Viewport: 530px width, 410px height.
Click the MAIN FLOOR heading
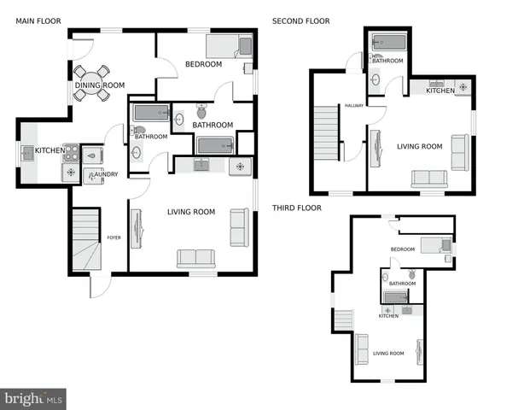(x=37, y=21)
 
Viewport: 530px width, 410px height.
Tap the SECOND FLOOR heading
(x=300, y=21)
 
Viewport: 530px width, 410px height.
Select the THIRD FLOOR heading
(x=298, y=208)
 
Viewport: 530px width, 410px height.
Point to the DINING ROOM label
(x=100, y=85)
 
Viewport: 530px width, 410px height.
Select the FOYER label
(x=114, y=237)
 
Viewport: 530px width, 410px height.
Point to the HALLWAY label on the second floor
(x=354, y=106)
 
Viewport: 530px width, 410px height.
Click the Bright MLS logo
(x=34, y=398)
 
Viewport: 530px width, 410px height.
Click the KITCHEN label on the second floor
(x=440, y=91)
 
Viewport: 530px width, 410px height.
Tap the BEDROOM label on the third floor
(x=402, y=249)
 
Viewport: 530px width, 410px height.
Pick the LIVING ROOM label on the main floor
(x=190, y=212)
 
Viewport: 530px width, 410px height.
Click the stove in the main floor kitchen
(x=72, y=154)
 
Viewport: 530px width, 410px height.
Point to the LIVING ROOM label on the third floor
(x=388, y=353)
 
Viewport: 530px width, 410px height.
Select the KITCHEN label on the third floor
(x=388, y=316)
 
